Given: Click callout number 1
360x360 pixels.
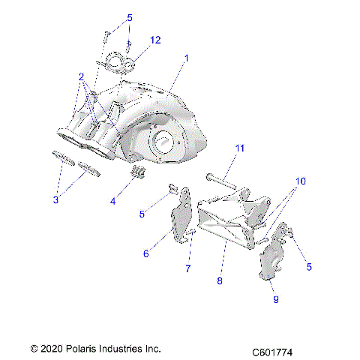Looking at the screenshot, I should pyautogui.click(x=187, y=58).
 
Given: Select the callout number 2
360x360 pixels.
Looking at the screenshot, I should pyautogui.click(x=80, y=76).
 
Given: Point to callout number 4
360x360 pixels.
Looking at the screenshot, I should pyautogui.click(x=114, y=202).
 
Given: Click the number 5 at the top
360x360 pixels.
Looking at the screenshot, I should pyautogui.click(x=129, y=17).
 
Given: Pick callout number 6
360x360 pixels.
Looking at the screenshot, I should pyautogui.click(x=147, y=254).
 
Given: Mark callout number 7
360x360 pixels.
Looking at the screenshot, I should pyautogui.click(x=188, y=268).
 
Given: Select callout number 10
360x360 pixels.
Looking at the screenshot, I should pyautogui.click(x=300, y=181).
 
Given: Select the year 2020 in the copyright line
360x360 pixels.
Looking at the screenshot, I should pyautogui.click(x=50, y=349).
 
